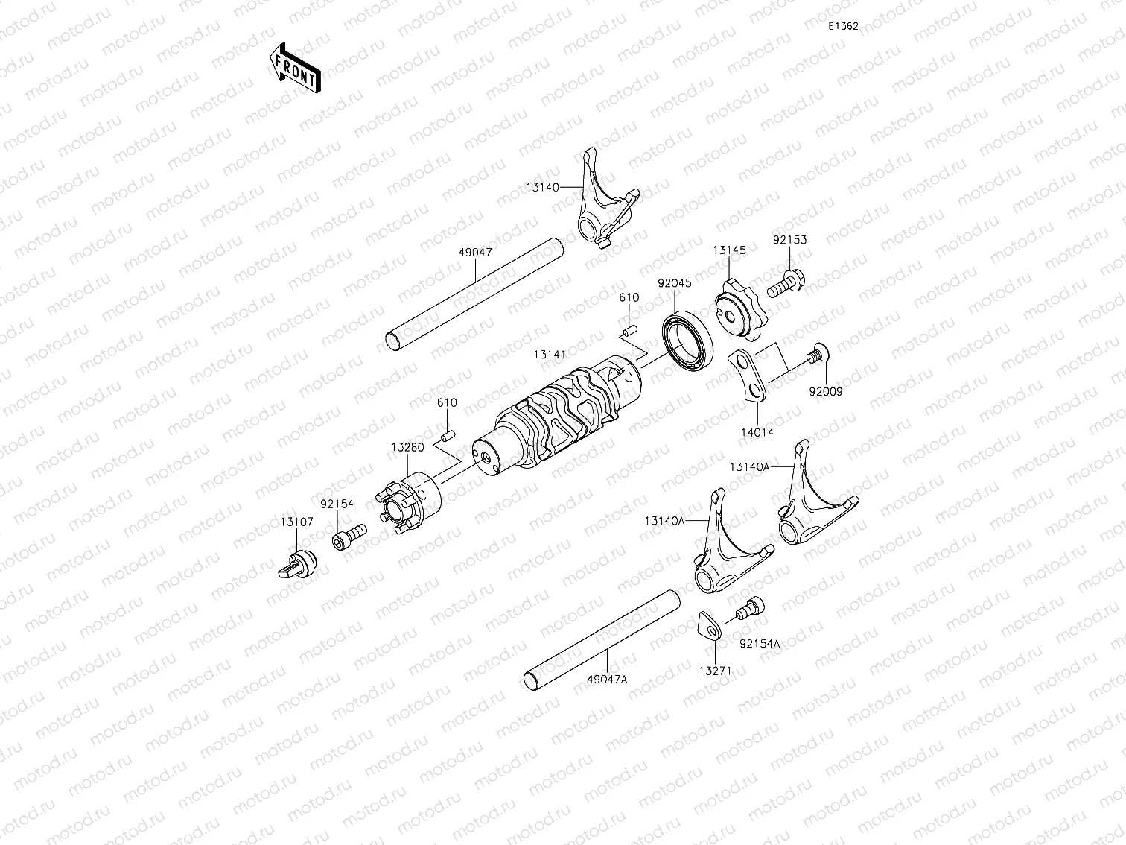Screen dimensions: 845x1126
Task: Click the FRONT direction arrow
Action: coord(296,68)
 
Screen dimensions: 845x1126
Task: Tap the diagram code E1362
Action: coord(844,26)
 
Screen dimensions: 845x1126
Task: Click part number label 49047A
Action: coord(607,679)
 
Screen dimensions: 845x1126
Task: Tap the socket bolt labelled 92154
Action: coord(349,536)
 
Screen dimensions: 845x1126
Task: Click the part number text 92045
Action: coord(674,283)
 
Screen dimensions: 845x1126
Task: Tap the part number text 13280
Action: coord(407,448)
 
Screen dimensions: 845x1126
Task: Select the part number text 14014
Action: coord(757,431)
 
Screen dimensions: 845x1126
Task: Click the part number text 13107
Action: coord(296,522)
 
